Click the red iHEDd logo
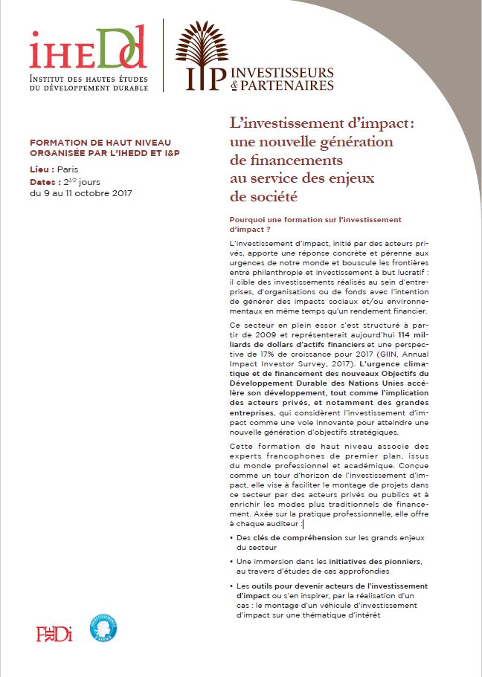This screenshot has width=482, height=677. click(x=87, y=48)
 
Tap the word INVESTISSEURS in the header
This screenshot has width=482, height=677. click(x=283, y=73)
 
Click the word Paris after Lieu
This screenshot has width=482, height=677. click(x=68, y=169)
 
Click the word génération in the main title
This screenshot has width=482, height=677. click(x=356, y=141)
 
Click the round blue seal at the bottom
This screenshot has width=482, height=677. click(x=103, y=627)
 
